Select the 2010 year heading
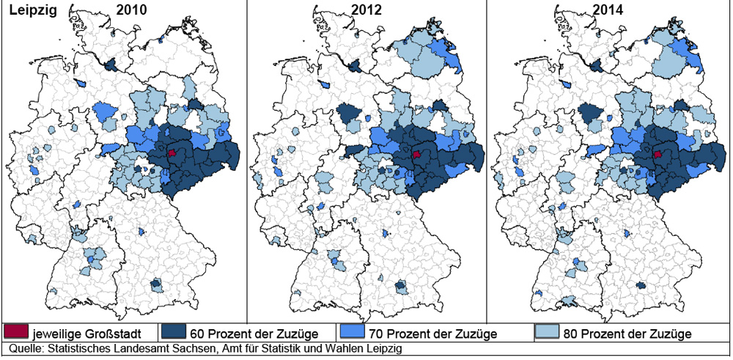click(x=131, y=11)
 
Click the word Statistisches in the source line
click(x=81, y=348)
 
